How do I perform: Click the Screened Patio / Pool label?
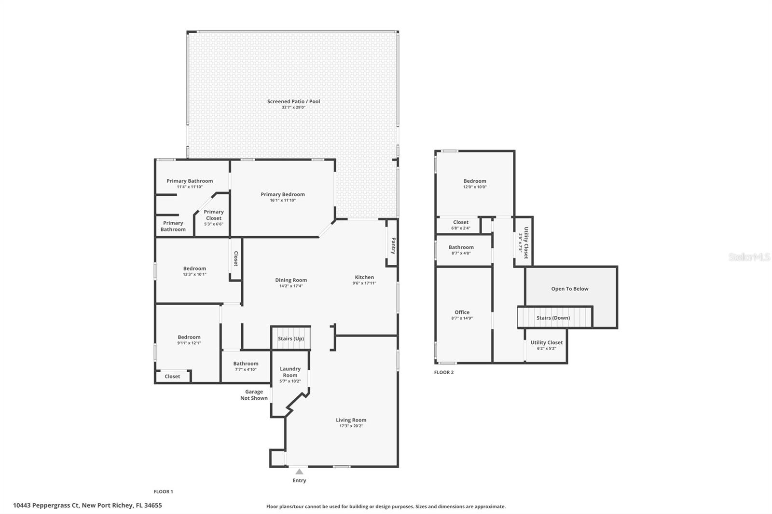pyautogui.click(x=293, y=101)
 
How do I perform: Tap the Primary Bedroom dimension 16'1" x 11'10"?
pyautogui.click(x=283, y=200)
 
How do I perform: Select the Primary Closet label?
pyautogui.click(x=214, y=215)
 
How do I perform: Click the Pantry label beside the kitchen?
pyautogui.click(x=393, y=245)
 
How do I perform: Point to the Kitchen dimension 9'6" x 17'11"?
pyautogui.click(x=364, y=283)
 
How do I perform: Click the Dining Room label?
pyautogui.click(x=291, y=280)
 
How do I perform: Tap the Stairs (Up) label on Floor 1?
pyautogui.click(x=291, y=338)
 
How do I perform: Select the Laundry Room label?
pyautogui.click(x=290, y=372)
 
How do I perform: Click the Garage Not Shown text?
pyautogui.click(x=254, y=395)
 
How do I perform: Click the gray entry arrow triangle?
pyautogui.click(x=299, y=472)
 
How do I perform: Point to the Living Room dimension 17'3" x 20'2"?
pyautogui.click(x=351, y=426)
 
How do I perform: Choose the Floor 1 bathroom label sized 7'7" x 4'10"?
pyautogui.click(x=246, y=364)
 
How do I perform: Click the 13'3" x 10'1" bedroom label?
pyautogui.click(x=194, y=269)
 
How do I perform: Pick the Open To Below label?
pyautogui.click(x=570, y=289)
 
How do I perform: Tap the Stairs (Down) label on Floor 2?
pyautogui.click(x=553, y=318)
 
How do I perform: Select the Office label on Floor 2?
pyautogui.click(x=462, y=312)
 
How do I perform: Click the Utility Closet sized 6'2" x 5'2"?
pyautogui.click(x=546, y=342)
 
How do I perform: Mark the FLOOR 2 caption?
pyautogui.click(x=443, y=372)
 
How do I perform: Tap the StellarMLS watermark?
pyautogui.click(x=749, y=257)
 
